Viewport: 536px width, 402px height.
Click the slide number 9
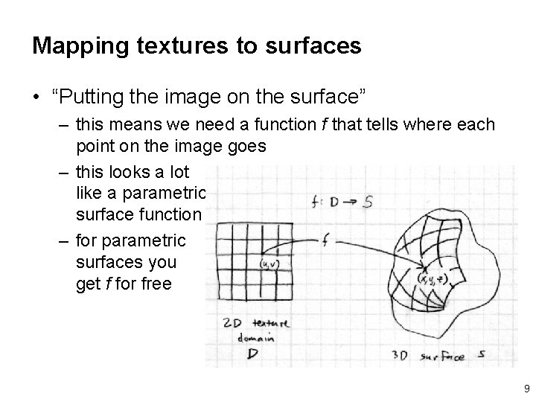tap(526, 388)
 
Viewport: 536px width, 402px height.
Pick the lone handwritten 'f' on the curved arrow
tap(326, 240)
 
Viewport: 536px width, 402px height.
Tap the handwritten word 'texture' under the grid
tap(271, 322)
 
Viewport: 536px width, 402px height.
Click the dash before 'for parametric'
tap(62, 240)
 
